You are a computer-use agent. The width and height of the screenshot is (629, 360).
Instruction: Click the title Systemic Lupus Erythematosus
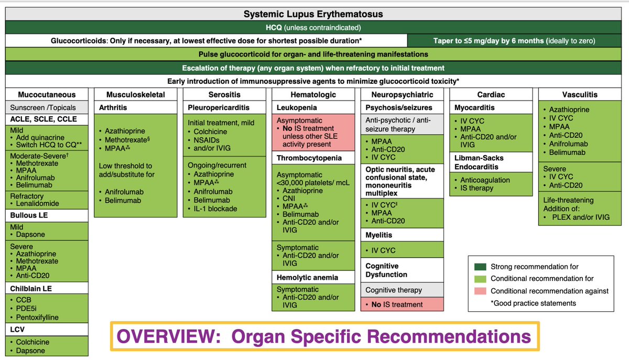[313, 14]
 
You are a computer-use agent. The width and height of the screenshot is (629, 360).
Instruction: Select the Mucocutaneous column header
[47, 95]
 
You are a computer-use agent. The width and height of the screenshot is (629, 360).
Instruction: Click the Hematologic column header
[313, 95]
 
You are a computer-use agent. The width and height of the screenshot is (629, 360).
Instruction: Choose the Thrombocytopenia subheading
[309, 158]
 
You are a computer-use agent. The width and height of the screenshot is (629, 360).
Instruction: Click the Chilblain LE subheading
[31, 288]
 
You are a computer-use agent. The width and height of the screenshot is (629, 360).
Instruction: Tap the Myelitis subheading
[379, 235]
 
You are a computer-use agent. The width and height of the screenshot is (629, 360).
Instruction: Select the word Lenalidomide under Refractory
[38, 203]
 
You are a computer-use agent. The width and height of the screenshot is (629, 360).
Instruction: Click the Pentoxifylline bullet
[37, 318]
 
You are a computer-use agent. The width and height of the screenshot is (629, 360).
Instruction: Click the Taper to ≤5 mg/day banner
[514, 41]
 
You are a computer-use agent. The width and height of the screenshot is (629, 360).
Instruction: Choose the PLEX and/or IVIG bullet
[580, 217]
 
